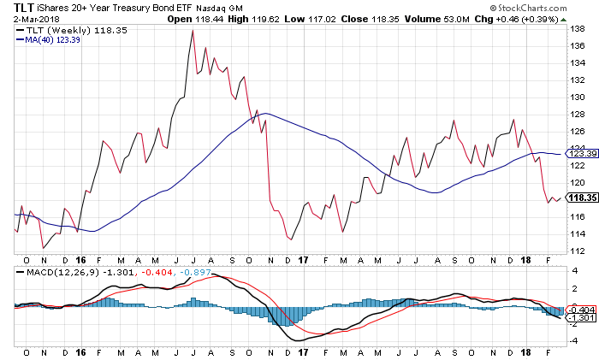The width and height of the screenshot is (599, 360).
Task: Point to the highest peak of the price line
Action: pos(193,31)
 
